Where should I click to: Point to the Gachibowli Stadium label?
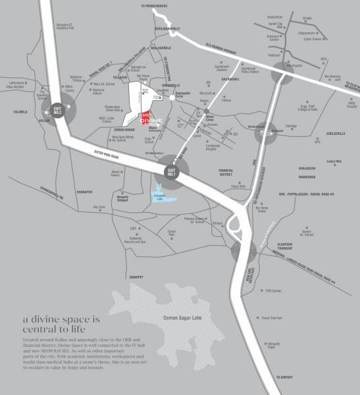[x=220, y=68]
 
